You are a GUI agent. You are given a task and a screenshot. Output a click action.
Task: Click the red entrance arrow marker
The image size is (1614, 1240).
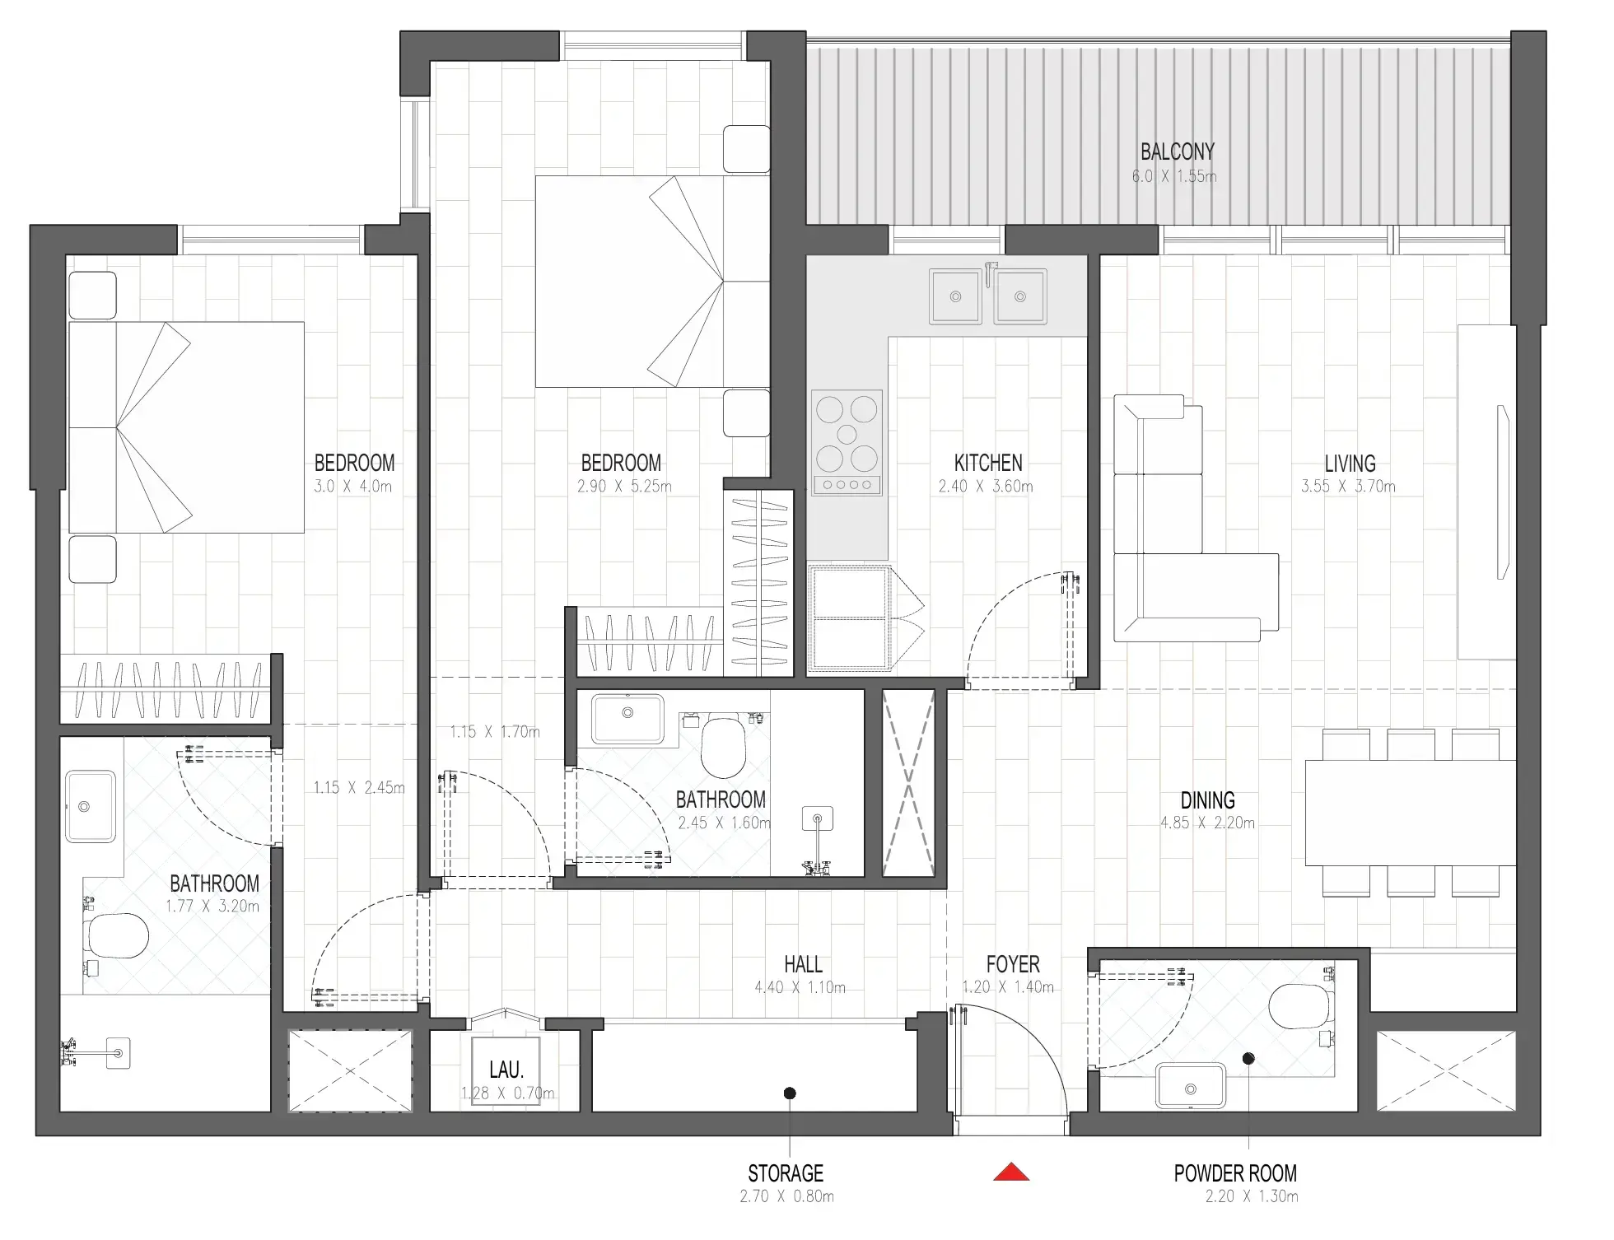(1011, 1172)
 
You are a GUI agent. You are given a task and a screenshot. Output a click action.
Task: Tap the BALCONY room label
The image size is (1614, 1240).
(1177, 152)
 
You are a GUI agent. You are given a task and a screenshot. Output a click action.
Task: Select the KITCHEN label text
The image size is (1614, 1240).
(987, 463)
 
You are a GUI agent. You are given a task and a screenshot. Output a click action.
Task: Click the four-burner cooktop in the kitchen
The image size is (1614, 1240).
(847, 442)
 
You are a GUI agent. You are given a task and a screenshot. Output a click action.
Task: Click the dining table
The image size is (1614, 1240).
(1410, 813)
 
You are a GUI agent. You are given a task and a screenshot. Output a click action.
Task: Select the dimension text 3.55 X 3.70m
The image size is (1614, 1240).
(1348, 487)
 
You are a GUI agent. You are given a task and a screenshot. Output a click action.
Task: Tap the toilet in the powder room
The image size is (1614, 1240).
(1300, 1006)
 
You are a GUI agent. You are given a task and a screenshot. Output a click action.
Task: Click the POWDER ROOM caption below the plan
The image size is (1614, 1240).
(1235, 1173)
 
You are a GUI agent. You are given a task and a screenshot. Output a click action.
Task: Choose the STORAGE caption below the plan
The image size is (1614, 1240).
(786, 1173)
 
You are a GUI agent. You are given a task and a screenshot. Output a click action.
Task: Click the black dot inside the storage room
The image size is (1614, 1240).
(789, 1093)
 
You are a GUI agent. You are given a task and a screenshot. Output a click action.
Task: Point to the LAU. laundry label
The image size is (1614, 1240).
(506, 1070)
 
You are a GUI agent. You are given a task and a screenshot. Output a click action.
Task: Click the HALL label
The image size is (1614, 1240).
(803, 964)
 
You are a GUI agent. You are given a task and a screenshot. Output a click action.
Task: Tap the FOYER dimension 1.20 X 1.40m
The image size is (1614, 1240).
(1008, 987)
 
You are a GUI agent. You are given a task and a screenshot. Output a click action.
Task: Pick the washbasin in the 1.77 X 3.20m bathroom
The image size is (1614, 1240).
(90, 807)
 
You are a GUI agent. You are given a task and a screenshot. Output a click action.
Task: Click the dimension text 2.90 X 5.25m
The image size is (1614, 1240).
(624, 487)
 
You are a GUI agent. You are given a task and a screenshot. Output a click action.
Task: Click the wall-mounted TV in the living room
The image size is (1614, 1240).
(1502, 492)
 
